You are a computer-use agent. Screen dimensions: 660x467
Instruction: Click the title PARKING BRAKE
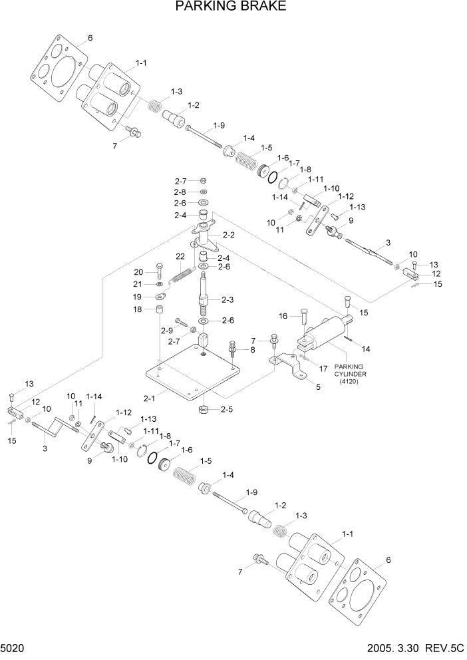click(231, 7)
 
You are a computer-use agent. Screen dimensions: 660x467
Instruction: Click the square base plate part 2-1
click(193, 376)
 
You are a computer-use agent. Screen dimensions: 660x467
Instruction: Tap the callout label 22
click(180, 257)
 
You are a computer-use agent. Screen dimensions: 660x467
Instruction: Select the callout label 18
click(138, 309)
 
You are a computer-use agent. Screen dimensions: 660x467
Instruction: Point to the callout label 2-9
click(166, 330)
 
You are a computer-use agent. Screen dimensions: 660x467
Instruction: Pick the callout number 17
click(323, 367)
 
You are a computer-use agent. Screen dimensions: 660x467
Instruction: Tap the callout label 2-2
click(230, 235)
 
